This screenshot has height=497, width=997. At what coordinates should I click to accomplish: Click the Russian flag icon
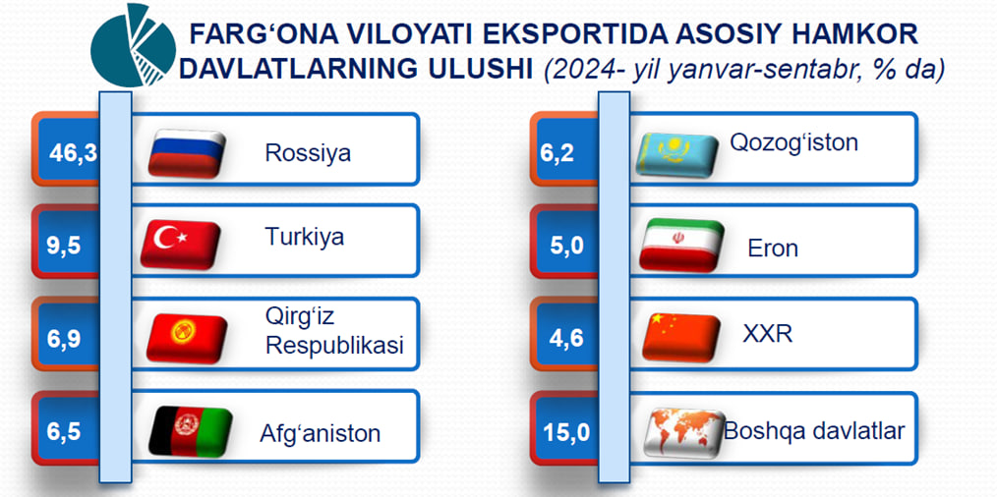187,153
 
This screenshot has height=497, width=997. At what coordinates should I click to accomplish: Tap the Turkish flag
181,245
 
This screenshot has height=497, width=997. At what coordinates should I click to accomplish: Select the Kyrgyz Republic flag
187,338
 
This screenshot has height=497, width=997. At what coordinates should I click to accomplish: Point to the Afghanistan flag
190,431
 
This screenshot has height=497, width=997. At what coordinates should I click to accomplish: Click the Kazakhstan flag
677,154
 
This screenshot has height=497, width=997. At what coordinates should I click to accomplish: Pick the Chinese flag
681,338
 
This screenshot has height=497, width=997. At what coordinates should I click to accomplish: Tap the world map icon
684,433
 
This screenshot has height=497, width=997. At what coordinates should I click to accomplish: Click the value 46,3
73,154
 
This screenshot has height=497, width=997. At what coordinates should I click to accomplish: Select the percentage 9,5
64,246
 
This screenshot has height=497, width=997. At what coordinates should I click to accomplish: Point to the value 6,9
64,339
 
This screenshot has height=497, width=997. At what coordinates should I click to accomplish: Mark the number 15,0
566,433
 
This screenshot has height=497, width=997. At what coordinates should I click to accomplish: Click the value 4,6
567,339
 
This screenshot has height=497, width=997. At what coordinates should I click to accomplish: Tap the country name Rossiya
308,154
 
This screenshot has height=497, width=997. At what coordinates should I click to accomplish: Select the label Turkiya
304,237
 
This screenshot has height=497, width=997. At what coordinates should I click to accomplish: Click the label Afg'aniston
320,433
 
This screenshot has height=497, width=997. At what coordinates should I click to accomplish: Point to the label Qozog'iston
793,142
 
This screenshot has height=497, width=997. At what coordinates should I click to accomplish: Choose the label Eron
773,248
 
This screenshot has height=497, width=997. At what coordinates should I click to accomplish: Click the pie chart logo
133,45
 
